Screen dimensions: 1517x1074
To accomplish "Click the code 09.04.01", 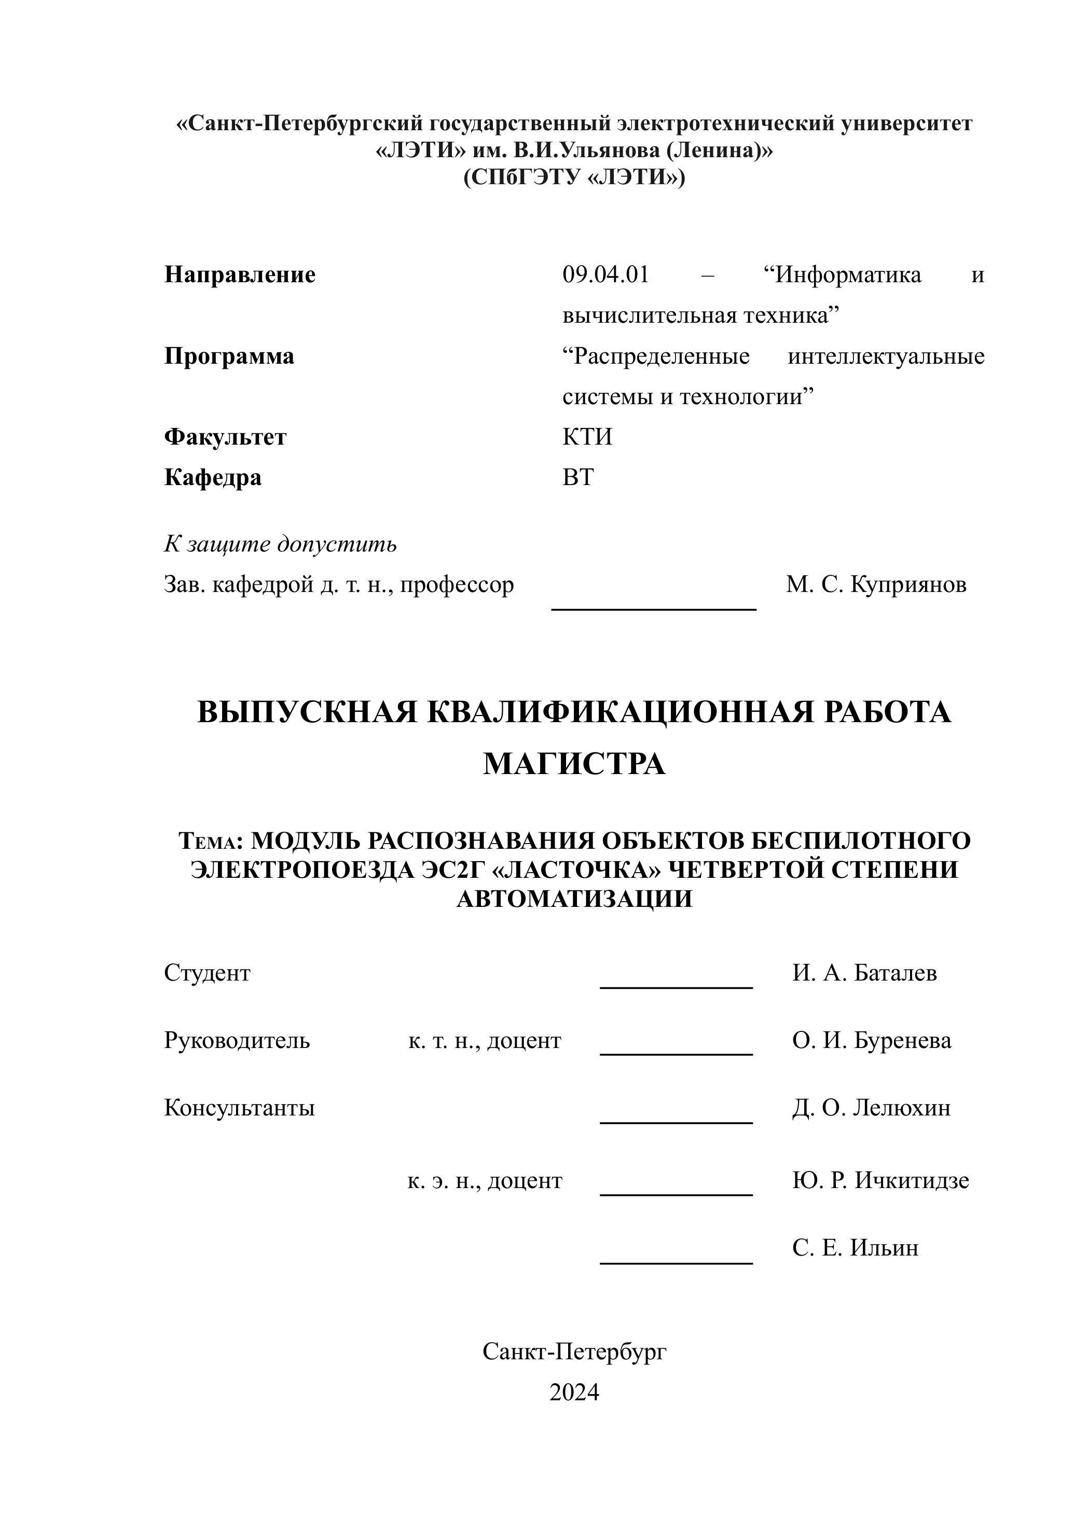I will tap(606, 274).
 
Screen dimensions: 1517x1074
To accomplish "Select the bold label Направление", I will tap(239, 274).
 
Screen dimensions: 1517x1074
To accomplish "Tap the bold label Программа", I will tap(229, 356).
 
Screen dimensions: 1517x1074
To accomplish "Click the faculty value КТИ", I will tap(587, 437).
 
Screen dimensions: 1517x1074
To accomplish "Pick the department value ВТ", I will tap(578, 477).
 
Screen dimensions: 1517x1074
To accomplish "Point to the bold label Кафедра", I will tap(212, 477).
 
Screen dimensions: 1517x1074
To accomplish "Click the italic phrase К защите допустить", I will tap(280, 544).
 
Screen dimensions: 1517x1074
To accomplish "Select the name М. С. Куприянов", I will tap(876, 585).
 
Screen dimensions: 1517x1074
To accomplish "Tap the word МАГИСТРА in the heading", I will tap(574, 764).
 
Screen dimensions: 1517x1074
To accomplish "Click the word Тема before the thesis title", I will tap(207, 842).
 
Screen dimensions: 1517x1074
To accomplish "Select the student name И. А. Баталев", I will tap(864, 973).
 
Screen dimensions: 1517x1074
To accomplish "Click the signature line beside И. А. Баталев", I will tap(676, 987).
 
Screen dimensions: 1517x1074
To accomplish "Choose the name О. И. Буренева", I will tap(872, 1040).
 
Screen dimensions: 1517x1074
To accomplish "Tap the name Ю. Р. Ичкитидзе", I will tap(880, 1180).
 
